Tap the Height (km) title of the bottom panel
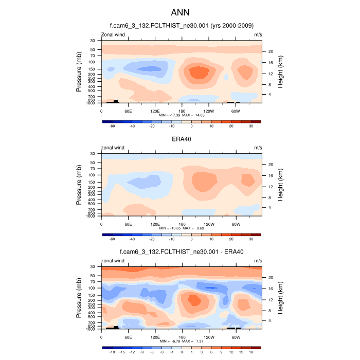tap(280, 298)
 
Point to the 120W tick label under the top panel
tap(209, 111)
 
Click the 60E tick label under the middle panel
tap(128, 224)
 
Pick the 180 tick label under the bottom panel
tap(182, 337)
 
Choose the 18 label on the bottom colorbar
tap(251, 352)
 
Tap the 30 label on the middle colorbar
tap(251, 239)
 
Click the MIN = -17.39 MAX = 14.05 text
tap(182, 116)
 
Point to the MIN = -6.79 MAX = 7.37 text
tap(182, 341)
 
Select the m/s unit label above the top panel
tap(258, 34)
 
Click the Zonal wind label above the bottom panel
tap(113, 261)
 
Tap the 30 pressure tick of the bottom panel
tap(93, 266)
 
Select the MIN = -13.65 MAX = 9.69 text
tap(182, 228)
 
